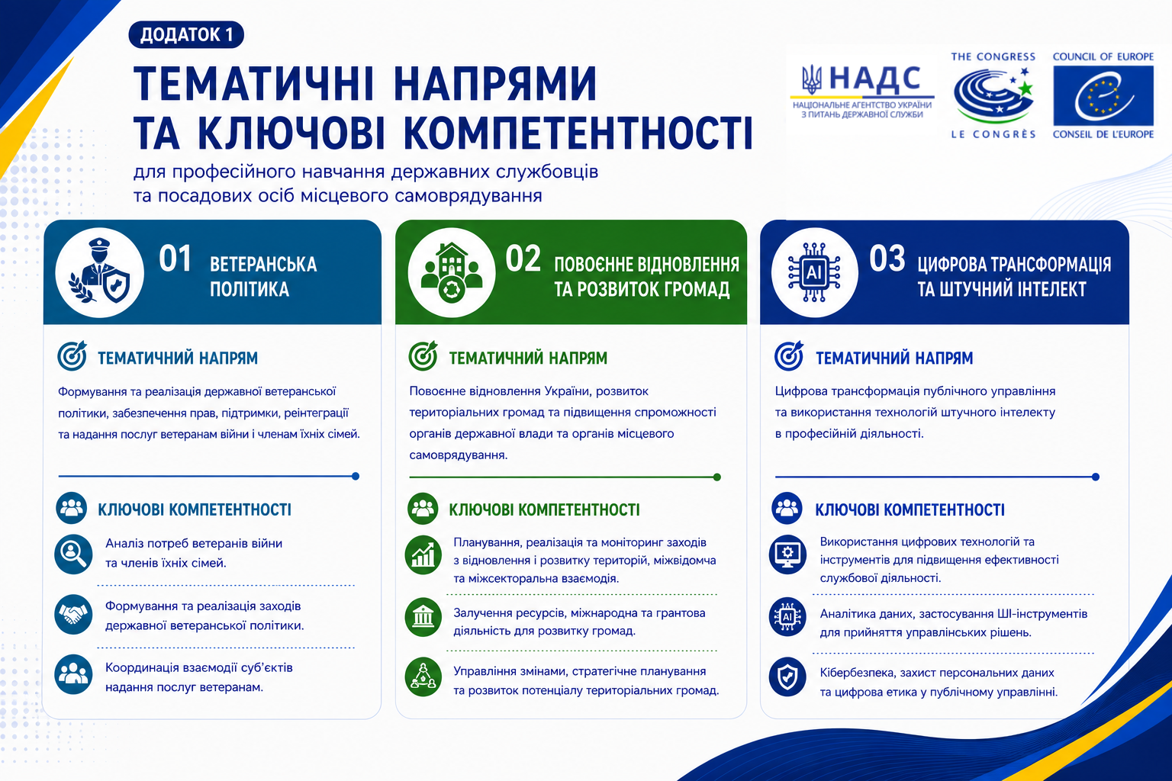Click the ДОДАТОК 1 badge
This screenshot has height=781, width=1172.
tap(186, 34)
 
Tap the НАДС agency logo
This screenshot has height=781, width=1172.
tap(862, 92)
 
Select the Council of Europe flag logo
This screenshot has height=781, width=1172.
tap(1103, 96)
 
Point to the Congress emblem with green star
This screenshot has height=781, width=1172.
tap(993, 94)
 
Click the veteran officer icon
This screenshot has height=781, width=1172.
tap(99, 272)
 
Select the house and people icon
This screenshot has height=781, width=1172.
tap(452, 272)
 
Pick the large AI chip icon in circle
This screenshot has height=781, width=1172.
tap(815, 272)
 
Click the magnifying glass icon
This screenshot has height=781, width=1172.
tap(73, 554)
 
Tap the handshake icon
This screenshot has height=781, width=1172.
tap(73, 615)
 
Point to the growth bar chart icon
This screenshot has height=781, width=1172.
tap(423, 555)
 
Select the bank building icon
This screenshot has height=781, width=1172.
tap(423, 617)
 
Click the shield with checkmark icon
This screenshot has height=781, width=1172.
tap(787, 677)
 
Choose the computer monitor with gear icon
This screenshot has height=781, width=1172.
tap(787, 554)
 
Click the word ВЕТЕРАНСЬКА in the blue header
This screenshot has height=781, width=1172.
tap(263, 264)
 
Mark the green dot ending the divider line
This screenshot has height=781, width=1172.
tap(717, 477)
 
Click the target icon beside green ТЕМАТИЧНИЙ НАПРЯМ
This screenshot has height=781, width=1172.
tap(423, 356)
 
